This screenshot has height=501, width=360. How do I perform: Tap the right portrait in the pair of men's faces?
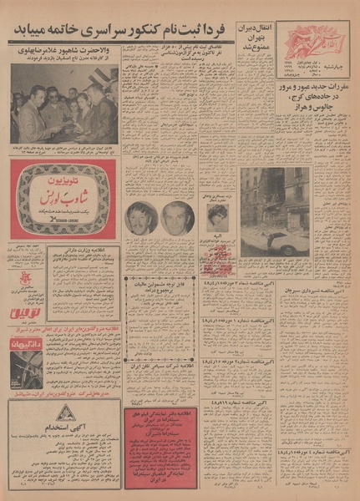pos(177,218)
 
